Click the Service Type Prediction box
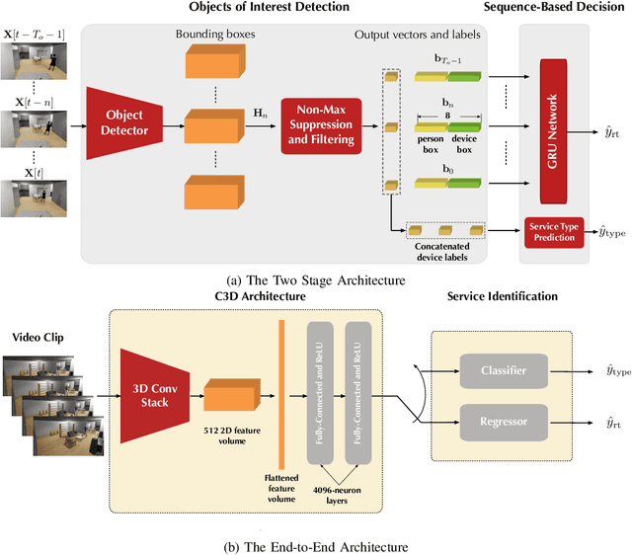pyautogui.click(x=555, y=233)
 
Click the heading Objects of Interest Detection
pyautogui.click(x=269, y=8)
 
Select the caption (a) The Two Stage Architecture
pyautogui.click(x=315, y=280)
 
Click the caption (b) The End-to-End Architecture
pyautogui.click(x=315, y=544)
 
